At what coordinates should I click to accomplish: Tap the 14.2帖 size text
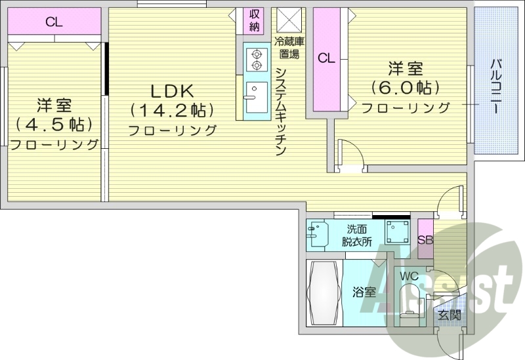pos(172,110)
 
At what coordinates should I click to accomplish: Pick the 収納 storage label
pos(255,20)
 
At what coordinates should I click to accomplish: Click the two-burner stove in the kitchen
pos(254,60)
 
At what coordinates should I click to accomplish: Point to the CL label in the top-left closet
pos(54,22)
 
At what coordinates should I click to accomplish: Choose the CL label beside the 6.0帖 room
pos(326,58)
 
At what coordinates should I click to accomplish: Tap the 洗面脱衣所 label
pos(356,235)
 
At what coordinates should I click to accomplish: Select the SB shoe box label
pos(425,239)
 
